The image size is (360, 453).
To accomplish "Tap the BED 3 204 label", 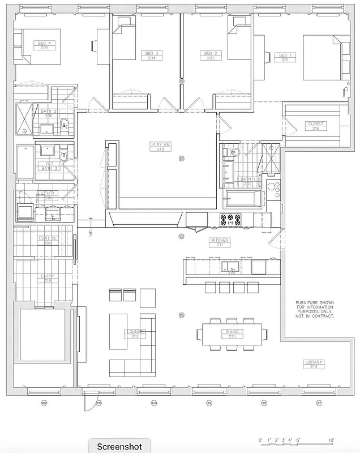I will coord(151,55).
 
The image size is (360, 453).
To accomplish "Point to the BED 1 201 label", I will coord(285,57).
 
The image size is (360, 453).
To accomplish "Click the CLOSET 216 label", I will coord(315,126).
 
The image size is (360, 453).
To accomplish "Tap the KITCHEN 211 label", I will coord(220,242).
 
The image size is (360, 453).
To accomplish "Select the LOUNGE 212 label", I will coord(135,334).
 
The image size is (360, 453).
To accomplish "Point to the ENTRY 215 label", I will coord(48,279).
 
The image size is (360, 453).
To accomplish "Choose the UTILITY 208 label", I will coord(47,196).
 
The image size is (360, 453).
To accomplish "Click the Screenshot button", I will coord(119,446).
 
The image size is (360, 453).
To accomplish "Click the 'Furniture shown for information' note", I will coord(315,310).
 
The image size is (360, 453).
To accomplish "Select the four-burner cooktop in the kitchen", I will coord(230,219).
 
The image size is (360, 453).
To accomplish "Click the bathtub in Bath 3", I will coord(25,163).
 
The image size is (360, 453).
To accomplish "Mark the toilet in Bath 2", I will coord(64,123).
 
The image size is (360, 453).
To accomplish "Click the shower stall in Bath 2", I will coord(24,119).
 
